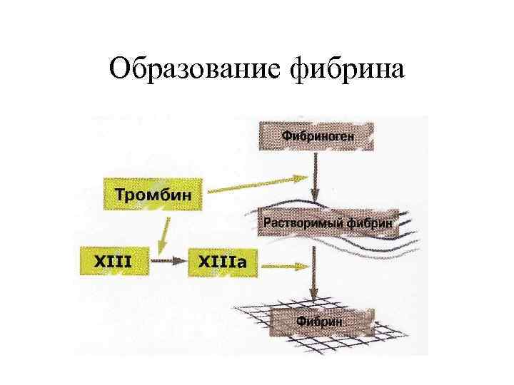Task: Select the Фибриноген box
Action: coord(316,135)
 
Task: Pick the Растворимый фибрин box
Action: coord(328,222)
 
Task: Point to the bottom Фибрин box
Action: coord(319,322)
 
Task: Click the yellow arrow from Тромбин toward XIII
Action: coord(165,235)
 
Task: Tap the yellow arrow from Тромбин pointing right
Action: coord(257,184)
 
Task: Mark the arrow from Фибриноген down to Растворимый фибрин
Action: coord(316,178)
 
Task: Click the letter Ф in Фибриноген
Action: coord(286,135)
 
